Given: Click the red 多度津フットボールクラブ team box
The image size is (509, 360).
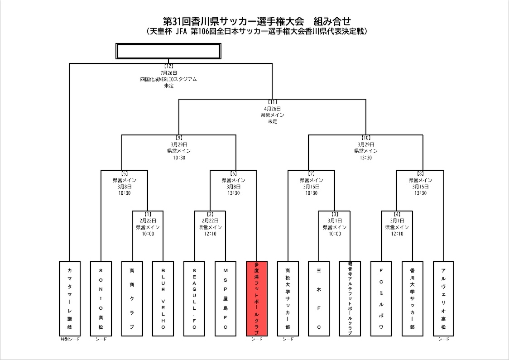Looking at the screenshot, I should point(257,298).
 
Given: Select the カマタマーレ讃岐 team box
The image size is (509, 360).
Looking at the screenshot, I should point(70,298).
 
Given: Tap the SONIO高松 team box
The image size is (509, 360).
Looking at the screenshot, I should point(101,298).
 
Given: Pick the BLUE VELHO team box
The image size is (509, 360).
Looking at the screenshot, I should point(163,298).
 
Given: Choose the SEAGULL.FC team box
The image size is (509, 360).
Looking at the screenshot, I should point(194,298).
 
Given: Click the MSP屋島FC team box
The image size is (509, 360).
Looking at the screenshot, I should point(226,298).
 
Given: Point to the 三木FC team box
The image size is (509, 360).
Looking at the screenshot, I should point(319,298).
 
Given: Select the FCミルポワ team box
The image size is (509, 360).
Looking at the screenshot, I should point(381,298).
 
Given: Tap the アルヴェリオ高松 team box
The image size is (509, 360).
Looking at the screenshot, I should point(443,298).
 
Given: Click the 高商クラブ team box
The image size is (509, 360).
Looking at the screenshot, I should point(132,298).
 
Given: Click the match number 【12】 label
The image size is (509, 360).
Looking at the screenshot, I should point(168,66).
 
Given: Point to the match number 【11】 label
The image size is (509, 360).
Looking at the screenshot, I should point(272,102).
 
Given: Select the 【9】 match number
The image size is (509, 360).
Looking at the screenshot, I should point(179,138).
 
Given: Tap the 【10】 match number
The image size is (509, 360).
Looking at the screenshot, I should point(366,138).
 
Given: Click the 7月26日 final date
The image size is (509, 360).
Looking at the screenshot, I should point(168,72).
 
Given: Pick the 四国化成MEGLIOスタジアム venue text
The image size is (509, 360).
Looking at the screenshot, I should point(168,79).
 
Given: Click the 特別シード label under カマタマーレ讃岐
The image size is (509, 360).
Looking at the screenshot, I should point(70,339).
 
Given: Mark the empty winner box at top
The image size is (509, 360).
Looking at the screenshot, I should point(168,51).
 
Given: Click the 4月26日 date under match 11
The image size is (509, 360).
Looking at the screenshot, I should point(272,109).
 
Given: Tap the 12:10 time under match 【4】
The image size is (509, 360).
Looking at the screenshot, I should point(397,234).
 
